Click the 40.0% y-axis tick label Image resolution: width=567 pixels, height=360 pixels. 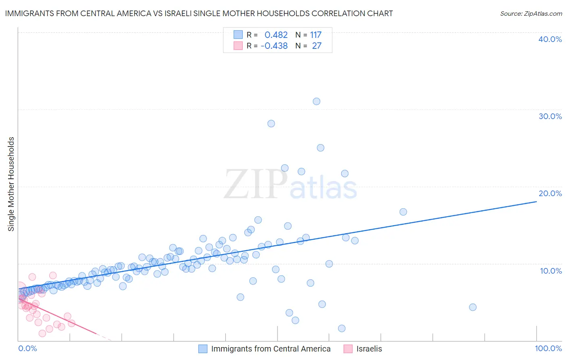pos(550,39)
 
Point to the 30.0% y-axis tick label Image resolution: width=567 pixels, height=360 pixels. pos(550,116)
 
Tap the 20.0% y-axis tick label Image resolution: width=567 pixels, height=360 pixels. pos(550,193)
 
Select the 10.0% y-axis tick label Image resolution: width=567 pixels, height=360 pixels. pos(551,271)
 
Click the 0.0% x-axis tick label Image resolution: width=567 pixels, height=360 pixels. pos(27,348)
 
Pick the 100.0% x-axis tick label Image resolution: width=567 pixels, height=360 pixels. pos(548,348)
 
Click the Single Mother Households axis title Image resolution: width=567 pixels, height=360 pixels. pos(11,184)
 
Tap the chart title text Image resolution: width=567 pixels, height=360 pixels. pos(199,13)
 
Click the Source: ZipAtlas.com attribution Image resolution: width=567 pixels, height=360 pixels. pos(531,13)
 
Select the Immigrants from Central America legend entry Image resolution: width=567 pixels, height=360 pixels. pos(271,349)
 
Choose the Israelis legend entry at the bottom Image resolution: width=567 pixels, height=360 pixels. pos(369,349)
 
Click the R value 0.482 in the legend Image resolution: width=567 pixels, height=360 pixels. pos(276,35)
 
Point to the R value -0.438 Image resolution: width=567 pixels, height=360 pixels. pos(274,46)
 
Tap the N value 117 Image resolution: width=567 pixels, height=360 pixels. pos(316,35)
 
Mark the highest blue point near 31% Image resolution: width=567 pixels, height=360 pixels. pos(317,101)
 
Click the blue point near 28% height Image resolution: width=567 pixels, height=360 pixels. pos(271,123)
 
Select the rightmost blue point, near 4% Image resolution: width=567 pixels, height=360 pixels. pos(473,307)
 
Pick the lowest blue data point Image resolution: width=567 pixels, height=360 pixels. pos(342,329)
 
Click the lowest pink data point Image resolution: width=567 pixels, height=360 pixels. pos(42,333)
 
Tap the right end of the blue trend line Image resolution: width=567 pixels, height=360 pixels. pos(536,201)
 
